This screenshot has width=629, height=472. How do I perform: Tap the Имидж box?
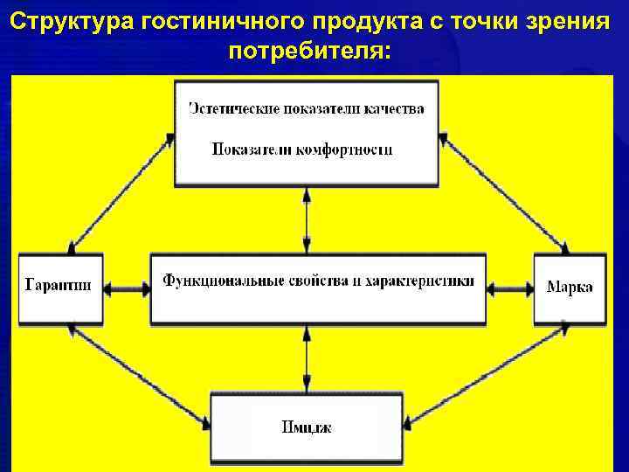[x=307, y=427]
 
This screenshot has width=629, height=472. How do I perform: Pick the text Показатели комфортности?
[x=302, y=149]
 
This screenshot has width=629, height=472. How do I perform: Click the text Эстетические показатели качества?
[x=307, y=109]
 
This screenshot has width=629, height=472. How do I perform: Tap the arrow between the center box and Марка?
[x=510, y=287]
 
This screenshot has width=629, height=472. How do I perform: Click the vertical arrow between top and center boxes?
[x=307, y=219]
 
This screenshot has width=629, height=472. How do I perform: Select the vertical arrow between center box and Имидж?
[x=307, y=358]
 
